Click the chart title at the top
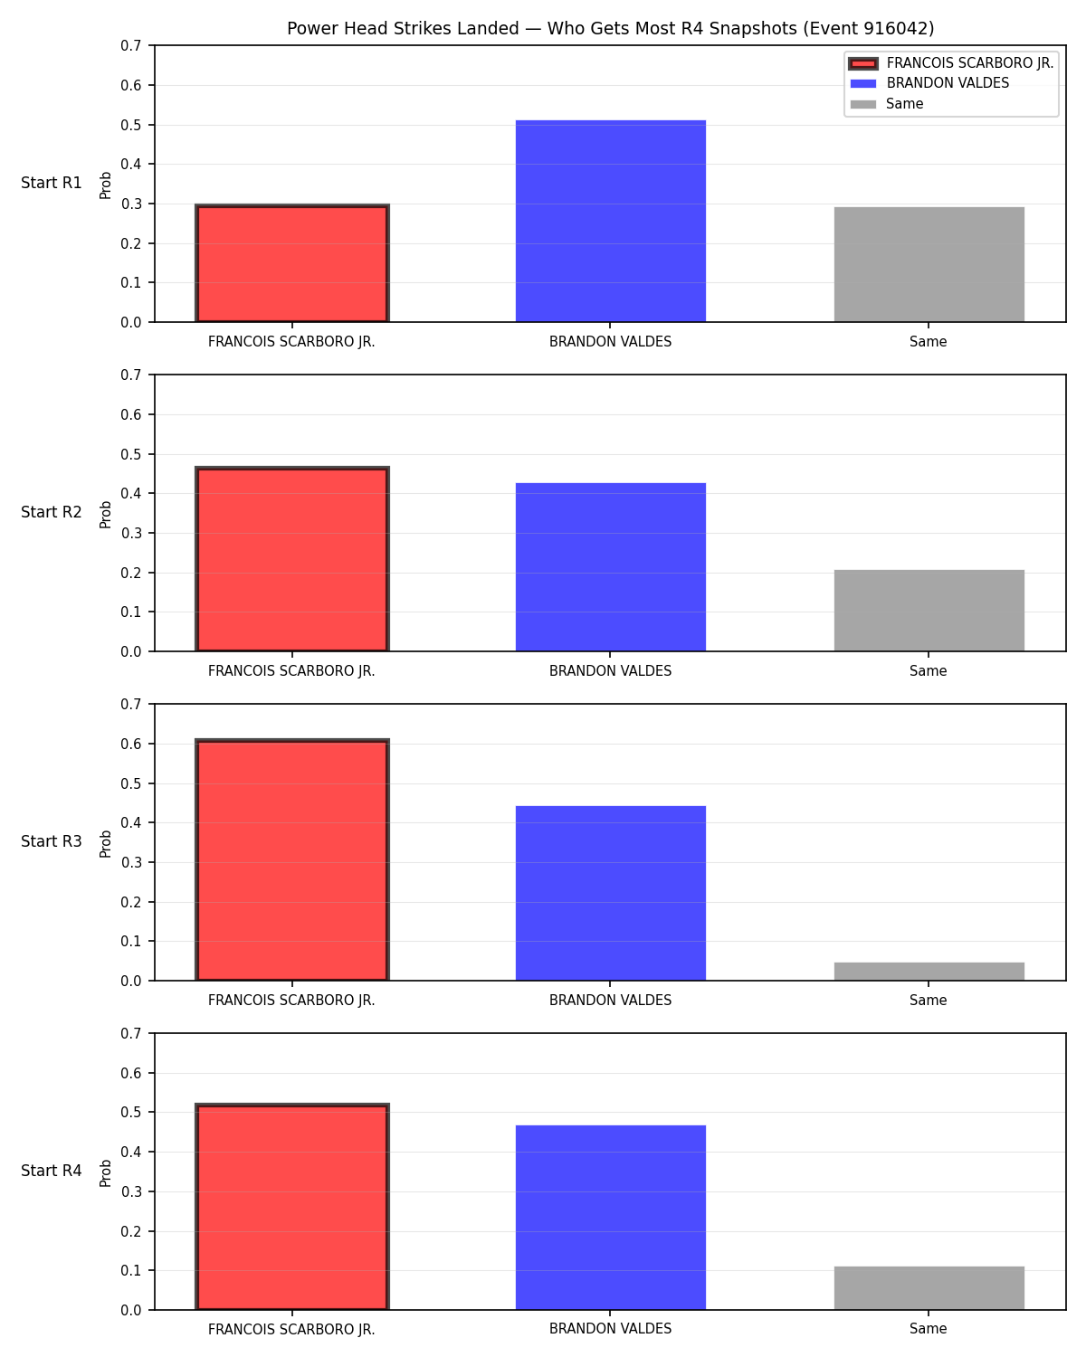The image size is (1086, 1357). (x=610, y=28)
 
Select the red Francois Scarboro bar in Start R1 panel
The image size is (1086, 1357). (x=292, y=263)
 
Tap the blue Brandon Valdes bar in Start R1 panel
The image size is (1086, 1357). (x=610, y=221)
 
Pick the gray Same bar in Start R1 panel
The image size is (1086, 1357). (x=929, y=264)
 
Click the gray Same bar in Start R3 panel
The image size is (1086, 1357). (x=929, y=971)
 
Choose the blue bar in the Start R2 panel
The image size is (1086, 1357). (x=610, y=567)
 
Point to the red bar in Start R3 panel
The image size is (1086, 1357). (x=292, y=859)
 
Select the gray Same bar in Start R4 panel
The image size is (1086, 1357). (x=929, y=1287)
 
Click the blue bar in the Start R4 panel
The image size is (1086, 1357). (x=610, y=1217)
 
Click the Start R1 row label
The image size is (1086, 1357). (x=51, y=183)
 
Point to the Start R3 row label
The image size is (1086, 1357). (x=51, y=841)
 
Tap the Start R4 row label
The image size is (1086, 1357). (x=51, y=1171)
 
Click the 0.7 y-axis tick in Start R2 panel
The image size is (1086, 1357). (x=131, y=375)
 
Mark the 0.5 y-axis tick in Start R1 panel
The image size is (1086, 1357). (x=131, y=125)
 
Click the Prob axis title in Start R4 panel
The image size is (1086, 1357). (x=105, y=1172)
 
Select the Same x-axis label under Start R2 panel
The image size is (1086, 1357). (x=929, y=671)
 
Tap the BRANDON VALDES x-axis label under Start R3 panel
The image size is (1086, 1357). (x=610, y=1000)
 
